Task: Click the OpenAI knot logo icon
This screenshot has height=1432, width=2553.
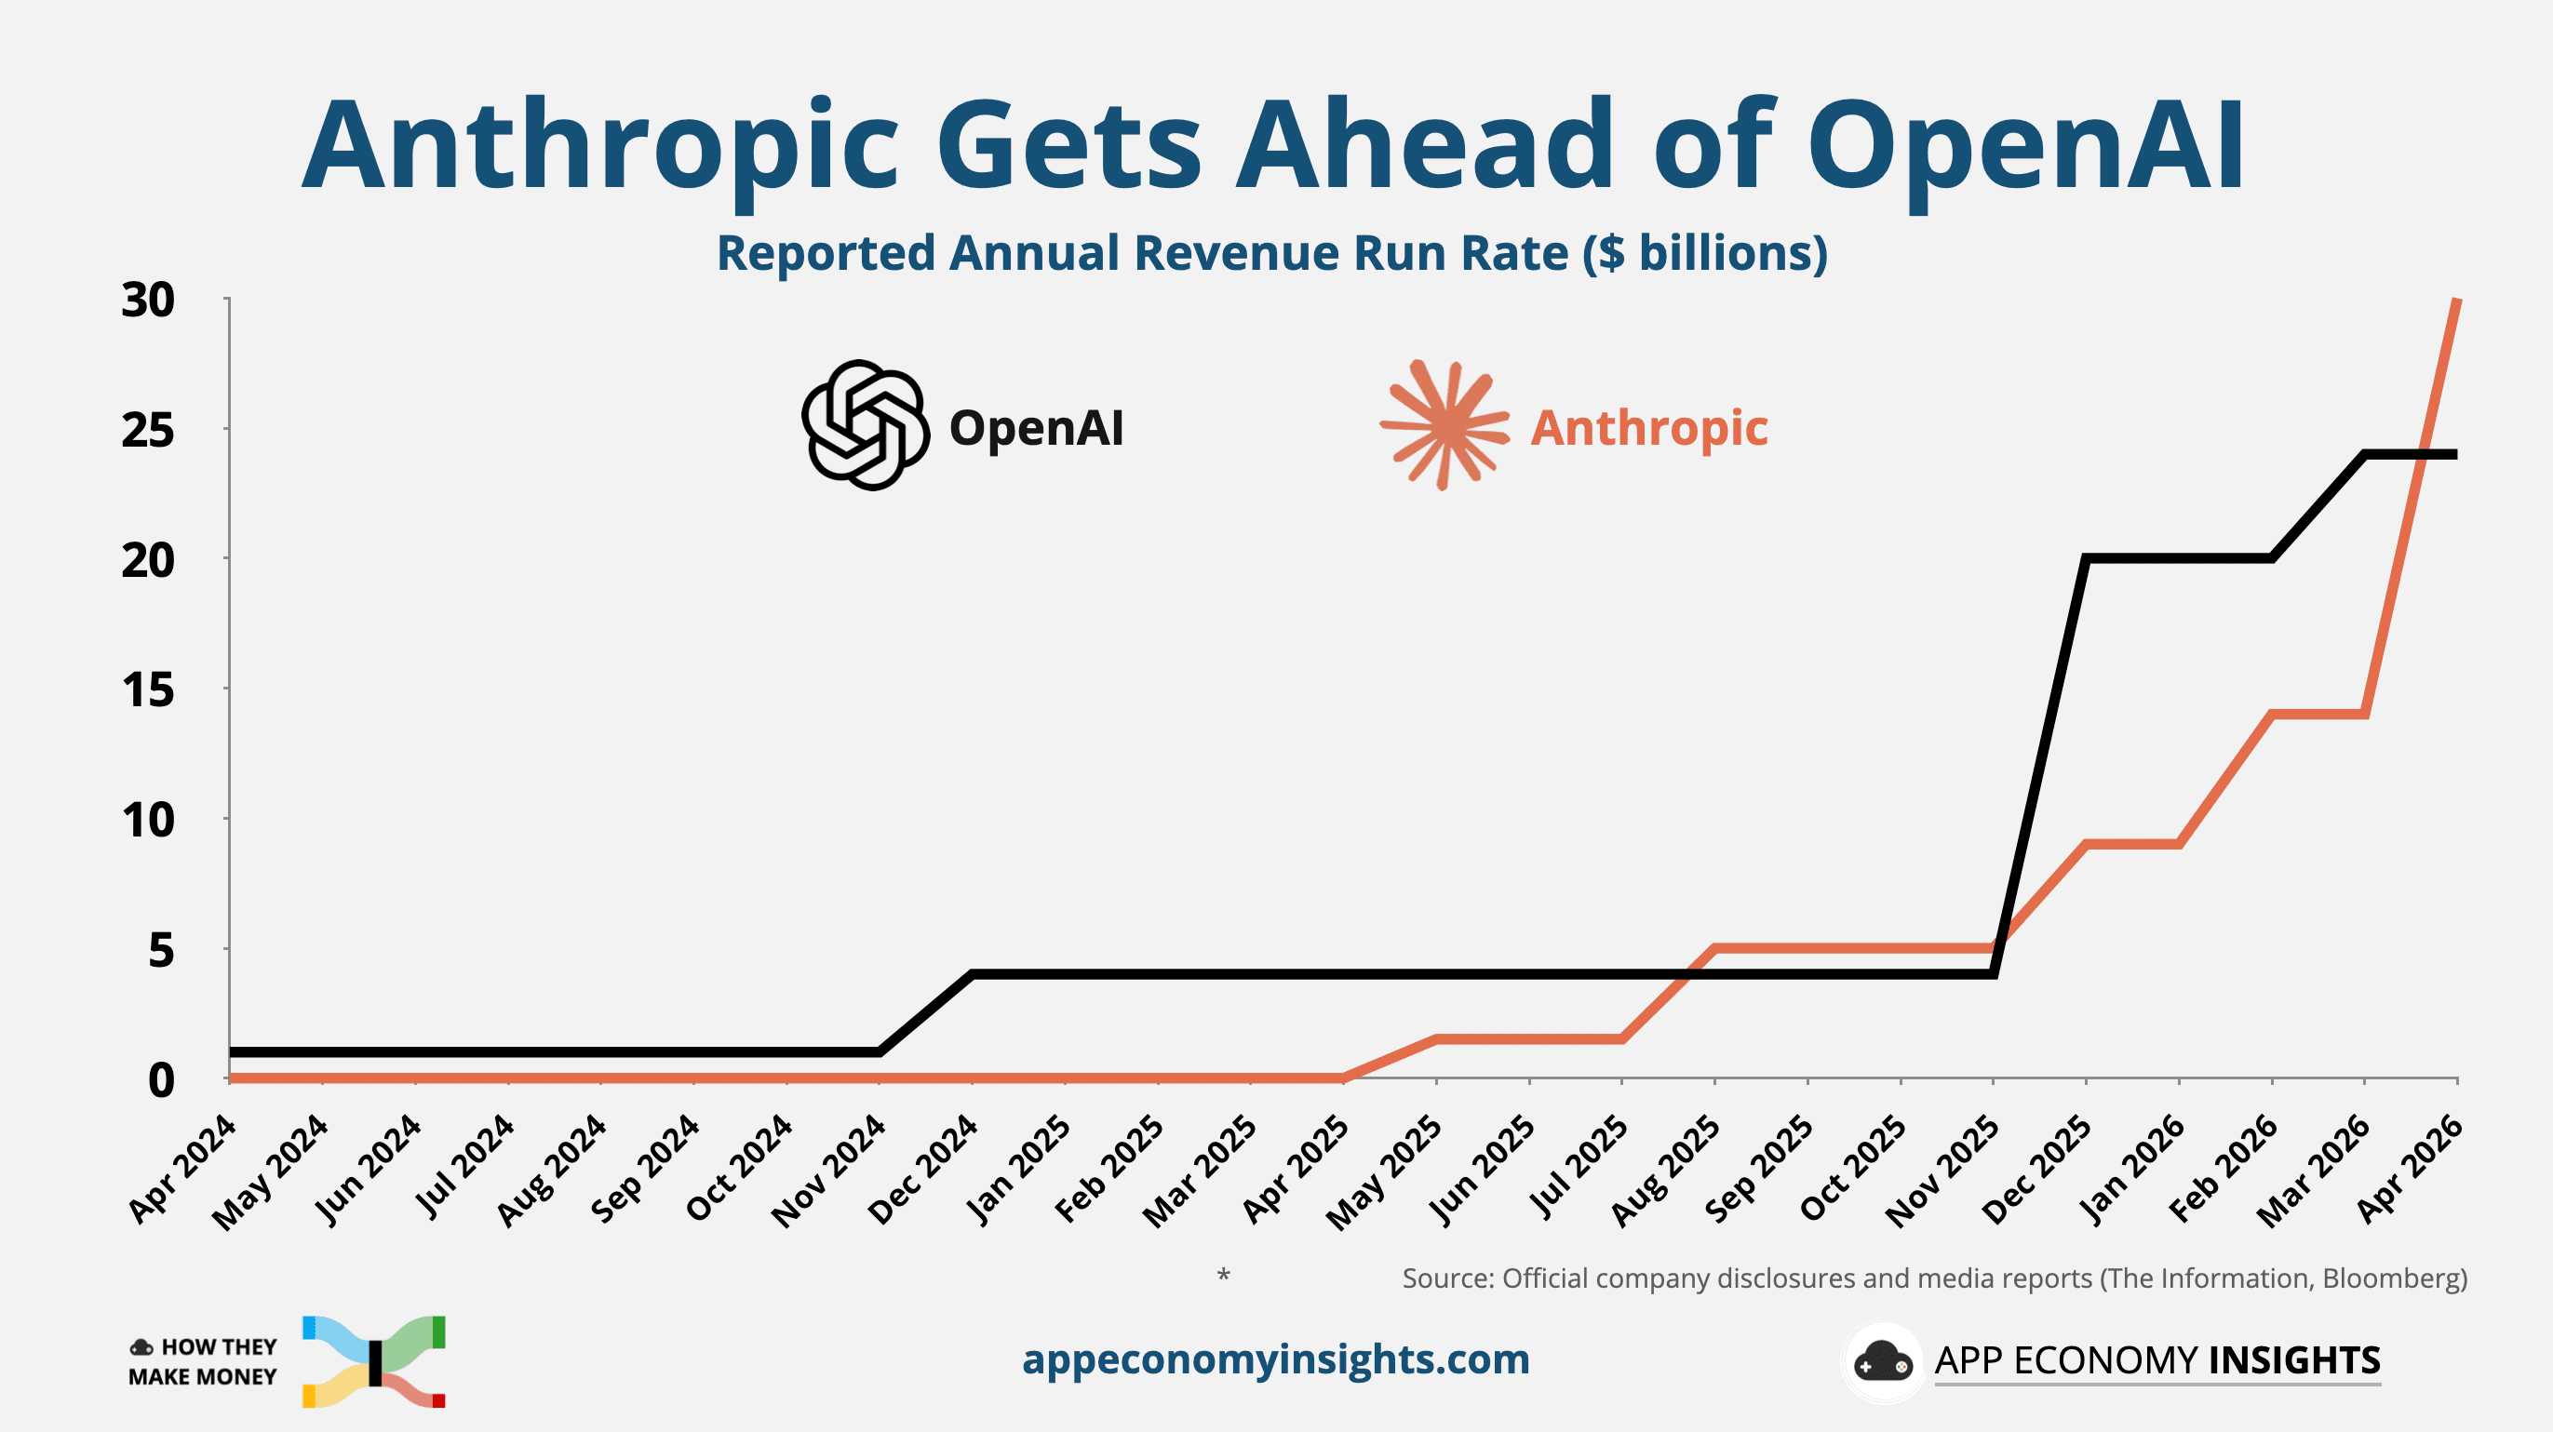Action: [866, 425]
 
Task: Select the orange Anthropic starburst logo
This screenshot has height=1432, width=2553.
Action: [1445, 425]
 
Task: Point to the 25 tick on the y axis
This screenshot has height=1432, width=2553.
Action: [148, 430]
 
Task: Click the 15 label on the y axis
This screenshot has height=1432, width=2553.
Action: [148, 689]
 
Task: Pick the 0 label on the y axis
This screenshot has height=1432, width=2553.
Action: [161, 1080]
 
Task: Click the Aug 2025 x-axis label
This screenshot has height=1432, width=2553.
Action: [1666, 1170]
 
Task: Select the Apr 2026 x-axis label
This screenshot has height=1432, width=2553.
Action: [2410, 1170]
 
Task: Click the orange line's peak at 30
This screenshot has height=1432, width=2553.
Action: [2456, 301]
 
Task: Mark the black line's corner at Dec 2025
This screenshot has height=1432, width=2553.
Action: [2086, 559]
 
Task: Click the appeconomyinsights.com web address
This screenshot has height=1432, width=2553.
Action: [1275, 1358]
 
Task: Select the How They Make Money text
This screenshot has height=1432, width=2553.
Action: [203, 1361]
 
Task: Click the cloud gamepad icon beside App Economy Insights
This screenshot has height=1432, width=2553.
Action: [1882, 1361]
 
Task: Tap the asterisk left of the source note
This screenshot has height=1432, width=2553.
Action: [1224, 1275]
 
